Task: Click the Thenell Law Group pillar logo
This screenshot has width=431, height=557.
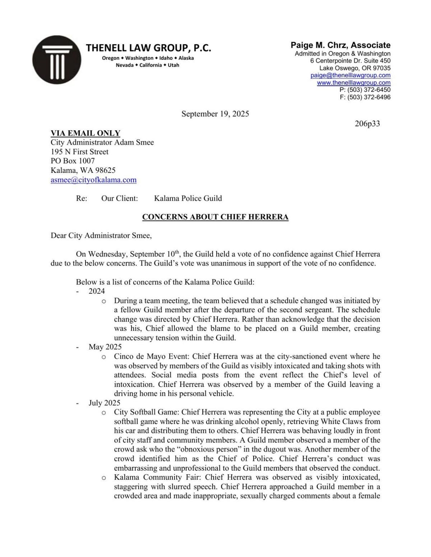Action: point(57,60)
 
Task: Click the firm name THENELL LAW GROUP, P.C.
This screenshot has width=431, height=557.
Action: point(148,48)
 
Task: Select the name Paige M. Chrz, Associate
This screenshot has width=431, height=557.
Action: point(340,45)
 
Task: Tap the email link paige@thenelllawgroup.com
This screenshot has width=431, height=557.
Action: point(350,75)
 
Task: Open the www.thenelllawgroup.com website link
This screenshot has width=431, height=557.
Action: point(353,82)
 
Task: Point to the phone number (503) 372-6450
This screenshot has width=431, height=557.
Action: point(369,90)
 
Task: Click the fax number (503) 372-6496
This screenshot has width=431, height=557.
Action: point(369,97)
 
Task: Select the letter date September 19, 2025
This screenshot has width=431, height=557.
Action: point(215,114)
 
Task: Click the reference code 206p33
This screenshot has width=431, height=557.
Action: point(367,124)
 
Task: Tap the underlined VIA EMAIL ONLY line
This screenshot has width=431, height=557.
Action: point(85,133)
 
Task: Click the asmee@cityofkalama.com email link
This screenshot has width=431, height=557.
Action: point(93,180)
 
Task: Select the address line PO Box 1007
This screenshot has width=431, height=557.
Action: point(73,161)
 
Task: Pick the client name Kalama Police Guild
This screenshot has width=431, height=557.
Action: point(188,198)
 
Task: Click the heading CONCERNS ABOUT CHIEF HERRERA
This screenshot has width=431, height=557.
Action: point(215,217)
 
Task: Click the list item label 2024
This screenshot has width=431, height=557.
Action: point(97,291)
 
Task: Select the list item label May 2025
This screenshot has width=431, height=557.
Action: point(105,347)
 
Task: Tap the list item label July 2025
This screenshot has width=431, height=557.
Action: point(104,403)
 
